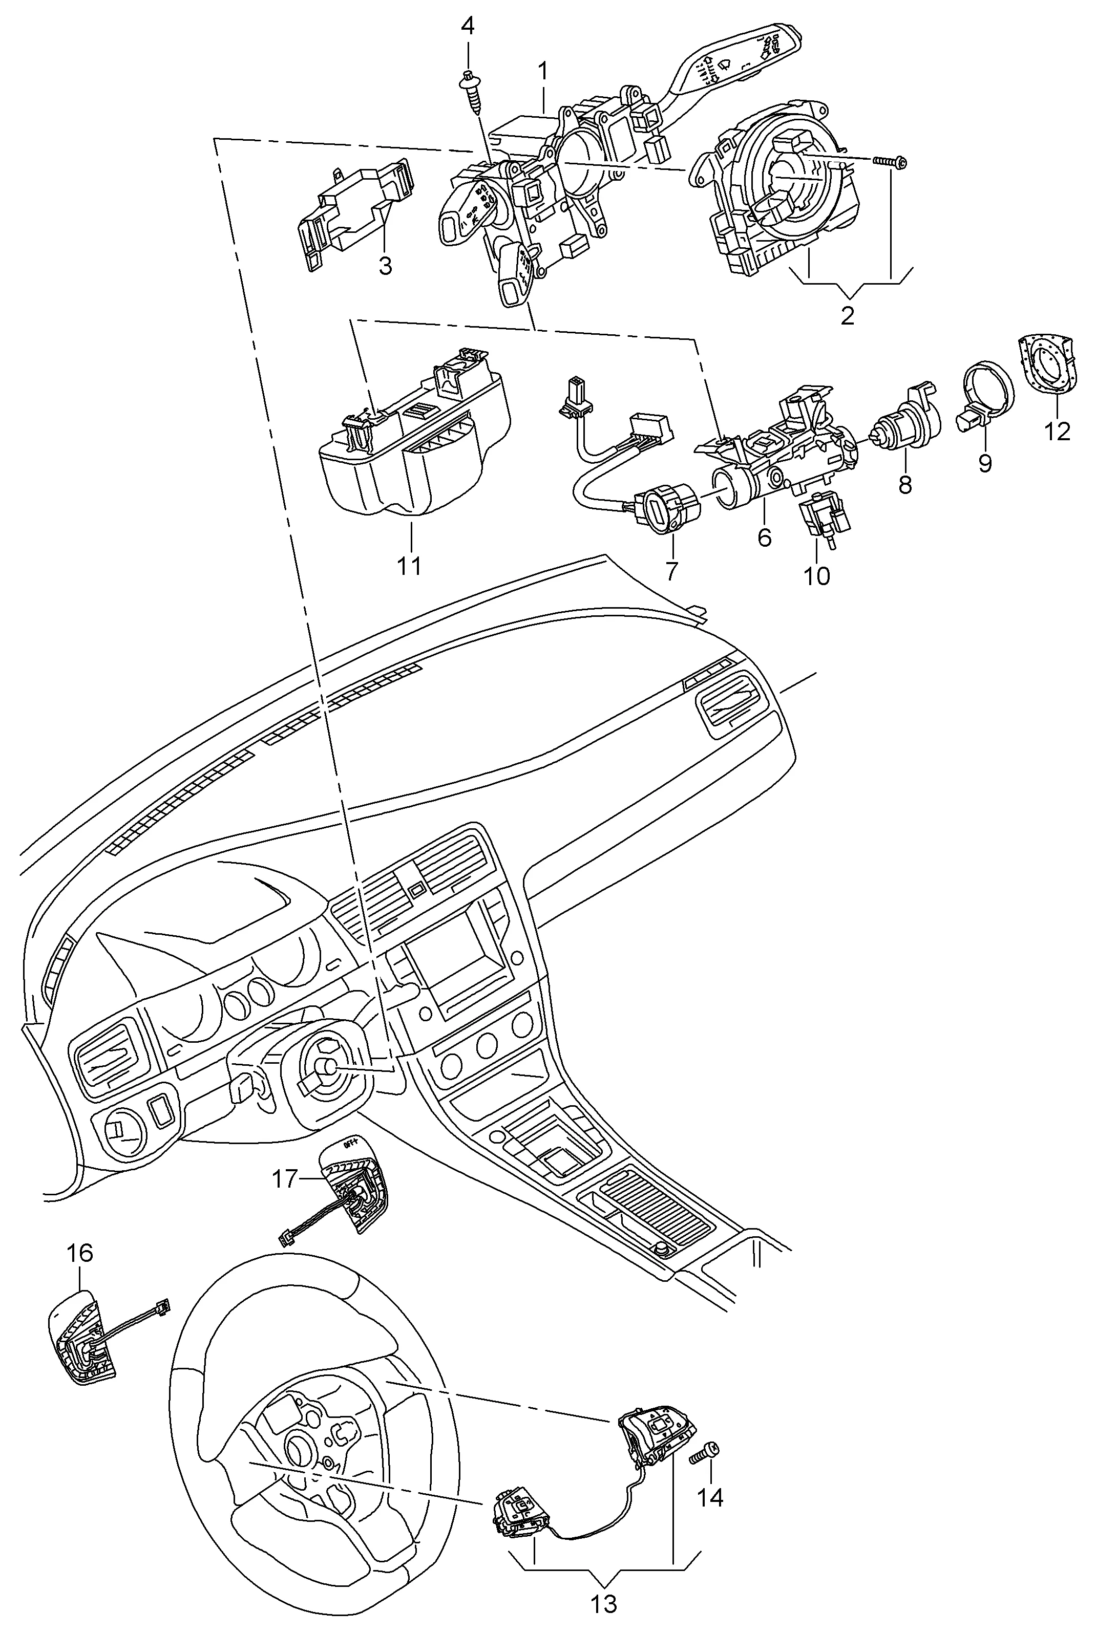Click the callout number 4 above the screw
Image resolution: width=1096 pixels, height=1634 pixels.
[468, 27]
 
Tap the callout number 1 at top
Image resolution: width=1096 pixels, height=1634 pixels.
[542, 71]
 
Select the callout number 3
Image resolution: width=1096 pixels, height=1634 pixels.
[385, 266]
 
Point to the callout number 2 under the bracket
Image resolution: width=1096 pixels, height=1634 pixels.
[847, 316]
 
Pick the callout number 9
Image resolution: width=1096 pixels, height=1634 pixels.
[985, 462]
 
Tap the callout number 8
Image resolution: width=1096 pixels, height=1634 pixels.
[905, 484]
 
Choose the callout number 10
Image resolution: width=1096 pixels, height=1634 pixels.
[816, 576]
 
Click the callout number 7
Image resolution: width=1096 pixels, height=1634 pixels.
[671, 571]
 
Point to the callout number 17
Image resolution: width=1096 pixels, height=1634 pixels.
[284, 1179]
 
